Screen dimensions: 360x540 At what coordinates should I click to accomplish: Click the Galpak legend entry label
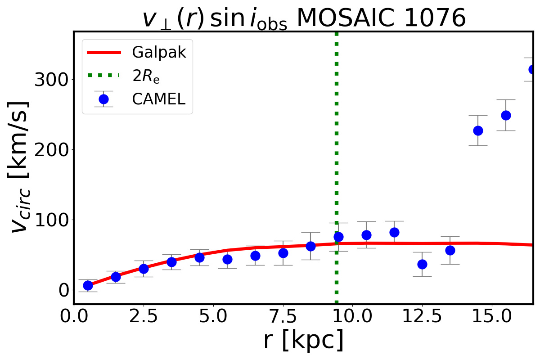(x=159, y=53)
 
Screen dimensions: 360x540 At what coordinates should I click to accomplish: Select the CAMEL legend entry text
(x=158, y=99)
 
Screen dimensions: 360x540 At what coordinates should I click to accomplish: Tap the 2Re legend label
(x=146, y=76)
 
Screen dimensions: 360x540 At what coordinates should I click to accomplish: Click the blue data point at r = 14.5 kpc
(x=478, y=130)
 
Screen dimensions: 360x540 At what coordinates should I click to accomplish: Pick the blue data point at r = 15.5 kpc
(x=506, y=115)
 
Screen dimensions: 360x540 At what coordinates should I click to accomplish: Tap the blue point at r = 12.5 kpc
(x=422, y=264)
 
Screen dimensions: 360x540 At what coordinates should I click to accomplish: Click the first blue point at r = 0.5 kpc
(x=88, y=285)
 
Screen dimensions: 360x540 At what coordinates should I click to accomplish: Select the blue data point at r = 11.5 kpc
(x=394, y=232)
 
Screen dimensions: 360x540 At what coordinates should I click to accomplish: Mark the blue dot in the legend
(x=103, y=99)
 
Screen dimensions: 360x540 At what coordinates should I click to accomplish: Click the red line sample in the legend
(x=103, y=53)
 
